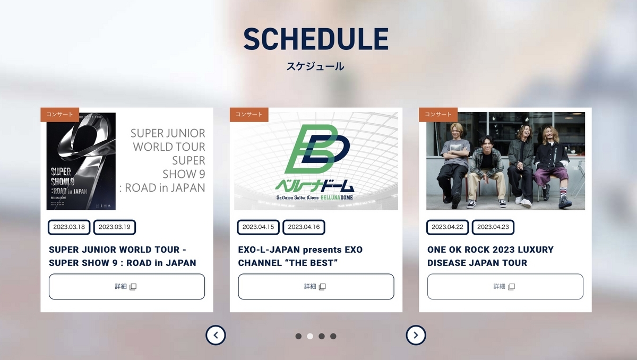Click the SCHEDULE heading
[316, 39]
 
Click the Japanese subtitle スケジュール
[315, 66]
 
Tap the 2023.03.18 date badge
[70, 227]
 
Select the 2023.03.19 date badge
[115, 227]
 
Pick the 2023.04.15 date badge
[259, 227]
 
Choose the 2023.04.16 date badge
[304, 227]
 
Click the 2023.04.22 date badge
[447, 227]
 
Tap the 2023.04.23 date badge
[493, 227]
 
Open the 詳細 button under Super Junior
[127, 287]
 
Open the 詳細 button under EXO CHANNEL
[316, 287]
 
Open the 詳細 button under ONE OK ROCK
[505, 287]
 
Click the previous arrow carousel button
[216, 335]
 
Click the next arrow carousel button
[416, 335]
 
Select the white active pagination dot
[310, 336]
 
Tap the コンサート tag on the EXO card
[249, 114]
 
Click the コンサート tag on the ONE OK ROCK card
[438, 114]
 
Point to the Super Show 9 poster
[81, 162]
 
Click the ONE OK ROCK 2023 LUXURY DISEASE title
[490, 256]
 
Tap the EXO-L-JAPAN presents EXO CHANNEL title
[300, 256]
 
